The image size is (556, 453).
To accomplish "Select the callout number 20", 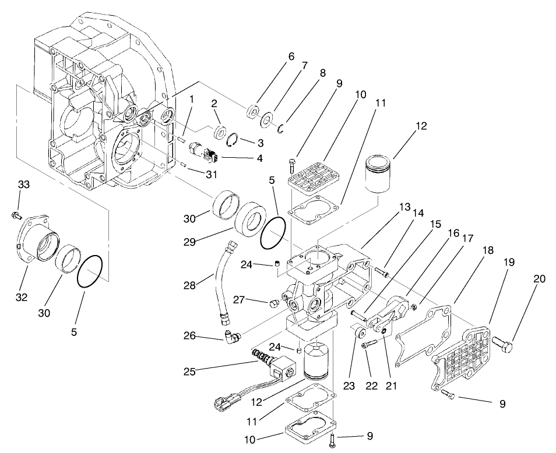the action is coord(540,279).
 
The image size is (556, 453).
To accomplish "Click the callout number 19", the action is coord(508,263).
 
